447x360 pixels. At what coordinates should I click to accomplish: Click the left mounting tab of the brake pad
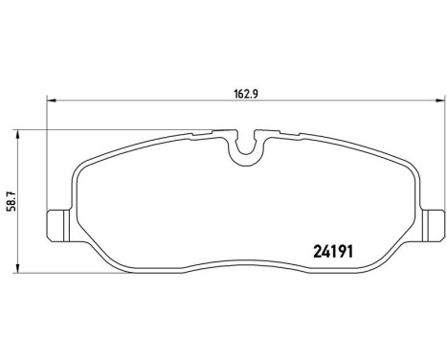pyautogui.click(x=57, y=223)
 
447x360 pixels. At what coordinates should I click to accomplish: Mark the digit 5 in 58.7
pyautogui.click(x=11, y=214)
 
